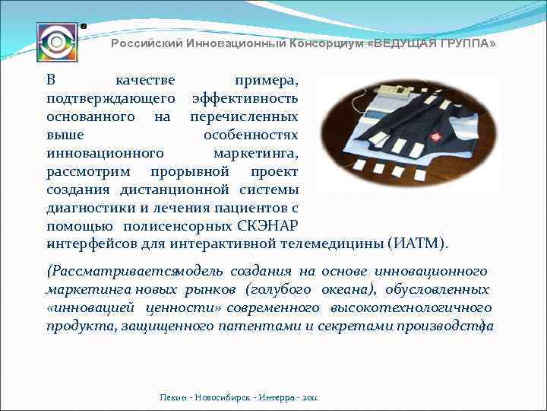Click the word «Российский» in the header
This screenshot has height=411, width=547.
(x=142, y=44)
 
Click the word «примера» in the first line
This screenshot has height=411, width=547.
(x=266, y=80)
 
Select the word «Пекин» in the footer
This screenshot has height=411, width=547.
(x=172, y=398)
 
